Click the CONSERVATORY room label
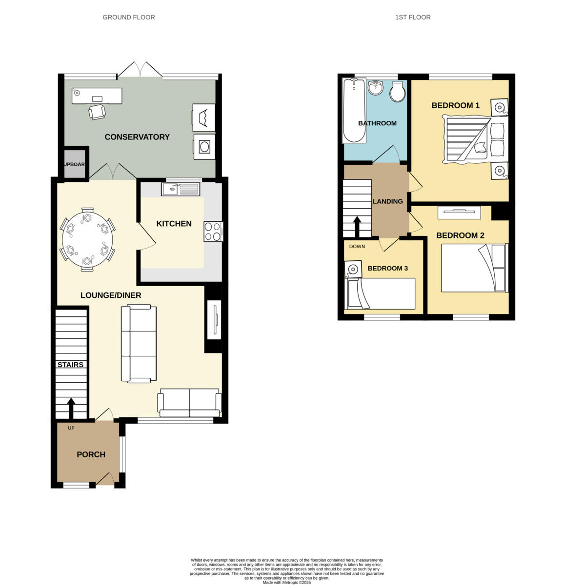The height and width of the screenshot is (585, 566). [137, 137]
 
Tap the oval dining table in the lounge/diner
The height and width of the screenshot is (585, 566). [87, 239]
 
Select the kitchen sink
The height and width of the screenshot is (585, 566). [181, 189]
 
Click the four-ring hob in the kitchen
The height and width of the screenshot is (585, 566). [212, 231]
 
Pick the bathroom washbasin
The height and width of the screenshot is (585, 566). [376, 88]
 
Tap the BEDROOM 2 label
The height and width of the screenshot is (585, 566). [460, 235]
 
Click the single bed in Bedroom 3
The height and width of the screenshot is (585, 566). [381, 293]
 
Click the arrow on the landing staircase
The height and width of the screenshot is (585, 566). [357, 226]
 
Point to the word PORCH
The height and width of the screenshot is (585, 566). [91, 454]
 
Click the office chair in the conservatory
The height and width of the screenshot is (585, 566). [97, 112]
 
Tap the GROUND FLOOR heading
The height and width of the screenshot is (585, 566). [129, 17]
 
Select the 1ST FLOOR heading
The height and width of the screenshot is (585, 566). [413, 17]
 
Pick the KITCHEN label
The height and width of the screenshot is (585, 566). [174, 224]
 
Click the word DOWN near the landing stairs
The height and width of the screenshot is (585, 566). [357, 246]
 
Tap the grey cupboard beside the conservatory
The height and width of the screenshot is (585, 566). [76, 164]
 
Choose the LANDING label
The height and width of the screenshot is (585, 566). [388, 201]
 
